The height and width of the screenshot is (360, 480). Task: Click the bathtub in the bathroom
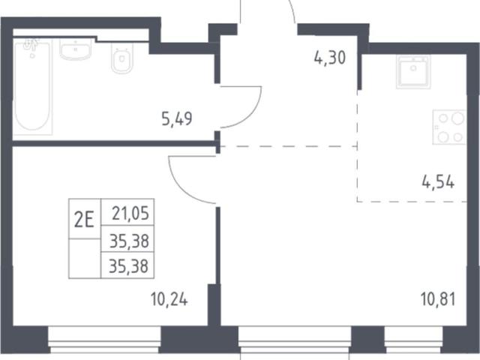point(32,87)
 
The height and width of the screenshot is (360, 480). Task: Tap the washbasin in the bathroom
point(75,49)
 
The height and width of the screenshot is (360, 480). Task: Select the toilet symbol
point(121,58)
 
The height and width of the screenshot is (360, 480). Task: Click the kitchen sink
point(413,72)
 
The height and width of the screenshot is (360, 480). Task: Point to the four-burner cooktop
point(449,127)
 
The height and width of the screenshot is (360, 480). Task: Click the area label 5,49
point(177,119)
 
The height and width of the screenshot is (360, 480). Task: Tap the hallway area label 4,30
point(330,58)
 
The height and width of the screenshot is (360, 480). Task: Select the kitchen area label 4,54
point(438,182)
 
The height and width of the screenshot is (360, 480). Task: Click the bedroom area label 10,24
point(169,299)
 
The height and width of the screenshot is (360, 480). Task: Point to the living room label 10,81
point(438,299)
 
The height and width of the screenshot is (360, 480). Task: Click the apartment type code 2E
point(84,220)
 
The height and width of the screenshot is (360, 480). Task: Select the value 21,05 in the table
point(130,213)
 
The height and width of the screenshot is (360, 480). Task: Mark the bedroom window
point(105,340)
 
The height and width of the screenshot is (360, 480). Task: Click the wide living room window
point(295,340)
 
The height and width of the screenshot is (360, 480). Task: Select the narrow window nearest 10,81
point(413,340)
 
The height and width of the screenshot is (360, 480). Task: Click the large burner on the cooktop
point(457,118)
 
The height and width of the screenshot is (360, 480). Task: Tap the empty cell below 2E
point(85,258)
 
